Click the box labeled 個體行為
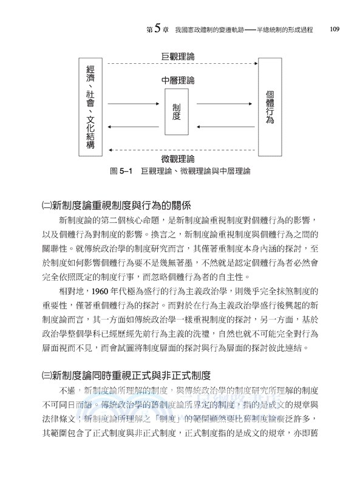click(x=270, y=108)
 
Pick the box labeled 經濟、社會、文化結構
click(x=90, y=108)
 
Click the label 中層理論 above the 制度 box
click(x=178, y=80)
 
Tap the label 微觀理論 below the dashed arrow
click(x=178, y=159)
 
